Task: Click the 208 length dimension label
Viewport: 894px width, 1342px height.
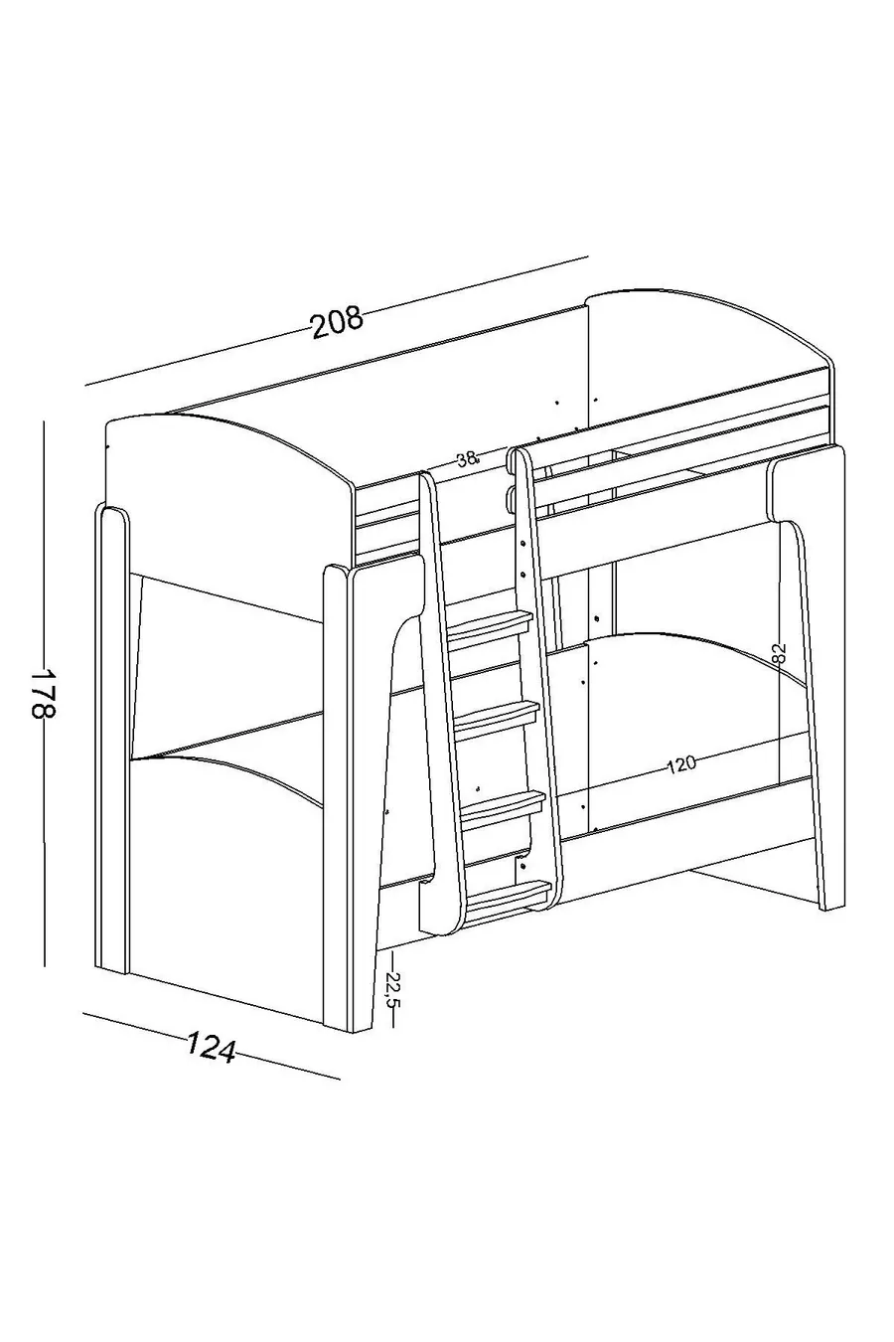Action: tap(337, 322)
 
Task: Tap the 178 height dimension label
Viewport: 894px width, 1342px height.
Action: tap(44, 693)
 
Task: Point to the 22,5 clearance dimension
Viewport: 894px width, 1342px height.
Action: tap(392, 987)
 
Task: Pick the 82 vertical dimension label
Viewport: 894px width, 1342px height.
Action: tap(779, 652)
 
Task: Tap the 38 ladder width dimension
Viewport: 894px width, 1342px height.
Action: tap(468, 459)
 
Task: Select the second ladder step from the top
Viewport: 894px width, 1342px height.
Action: tap(497, 715)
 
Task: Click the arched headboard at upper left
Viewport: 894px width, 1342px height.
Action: tap(227, 473)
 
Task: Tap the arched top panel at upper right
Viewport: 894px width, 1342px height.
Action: tap(706, 336)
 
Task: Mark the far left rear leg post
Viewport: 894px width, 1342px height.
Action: tap(112, 738)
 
